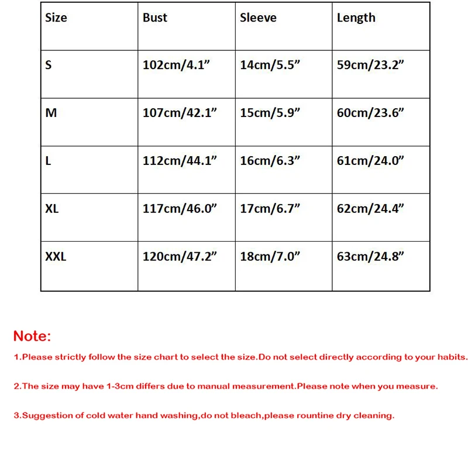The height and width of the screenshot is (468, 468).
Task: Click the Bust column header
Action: pyautogui.click(x=155, y=18)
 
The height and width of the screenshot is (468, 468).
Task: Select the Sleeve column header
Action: pyautogui.click(x=258, y=18)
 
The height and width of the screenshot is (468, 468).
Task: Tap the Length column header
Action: pyautogui.click(x=356, y=18)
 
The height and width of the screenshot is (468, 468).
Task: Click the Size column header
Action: pyautogui.click(x=56, y=18)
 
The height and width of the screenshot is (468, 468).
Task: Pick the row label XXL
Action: pyautogui.click(x=56, y=256)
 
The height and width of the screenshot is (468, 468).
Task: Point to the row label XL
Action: pyautogui.click(x=52, y=208)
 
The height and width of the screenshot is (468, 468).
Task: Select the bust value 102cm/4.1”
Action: pyautogui.click(x=176, y=65)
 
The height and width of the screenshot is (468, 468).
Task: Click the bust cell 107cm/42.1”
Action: pyautogui.click(x=180, y=113)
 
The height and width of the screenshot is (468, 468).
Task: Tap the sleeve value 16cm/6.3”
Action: pyautogui.click(x=270, y=161)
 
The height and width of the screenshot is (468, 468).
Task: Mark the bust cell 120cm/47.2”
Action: pyautogui.click(x=180, y=256)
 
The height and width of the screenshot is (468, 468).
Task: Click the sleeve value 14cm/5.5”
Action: pyautogui.click(x=270, y=65)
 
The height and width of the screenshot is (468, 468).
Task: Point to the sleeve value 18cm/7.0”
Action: pyautogui.click(x=270, y=256)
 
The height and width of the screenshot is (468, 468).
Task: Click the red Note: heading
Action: pyautogui.click(x=32, y=336)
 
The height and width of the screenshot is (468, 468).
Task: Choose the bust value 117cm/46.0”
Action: pyautogui.click(x=180, y=208)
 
